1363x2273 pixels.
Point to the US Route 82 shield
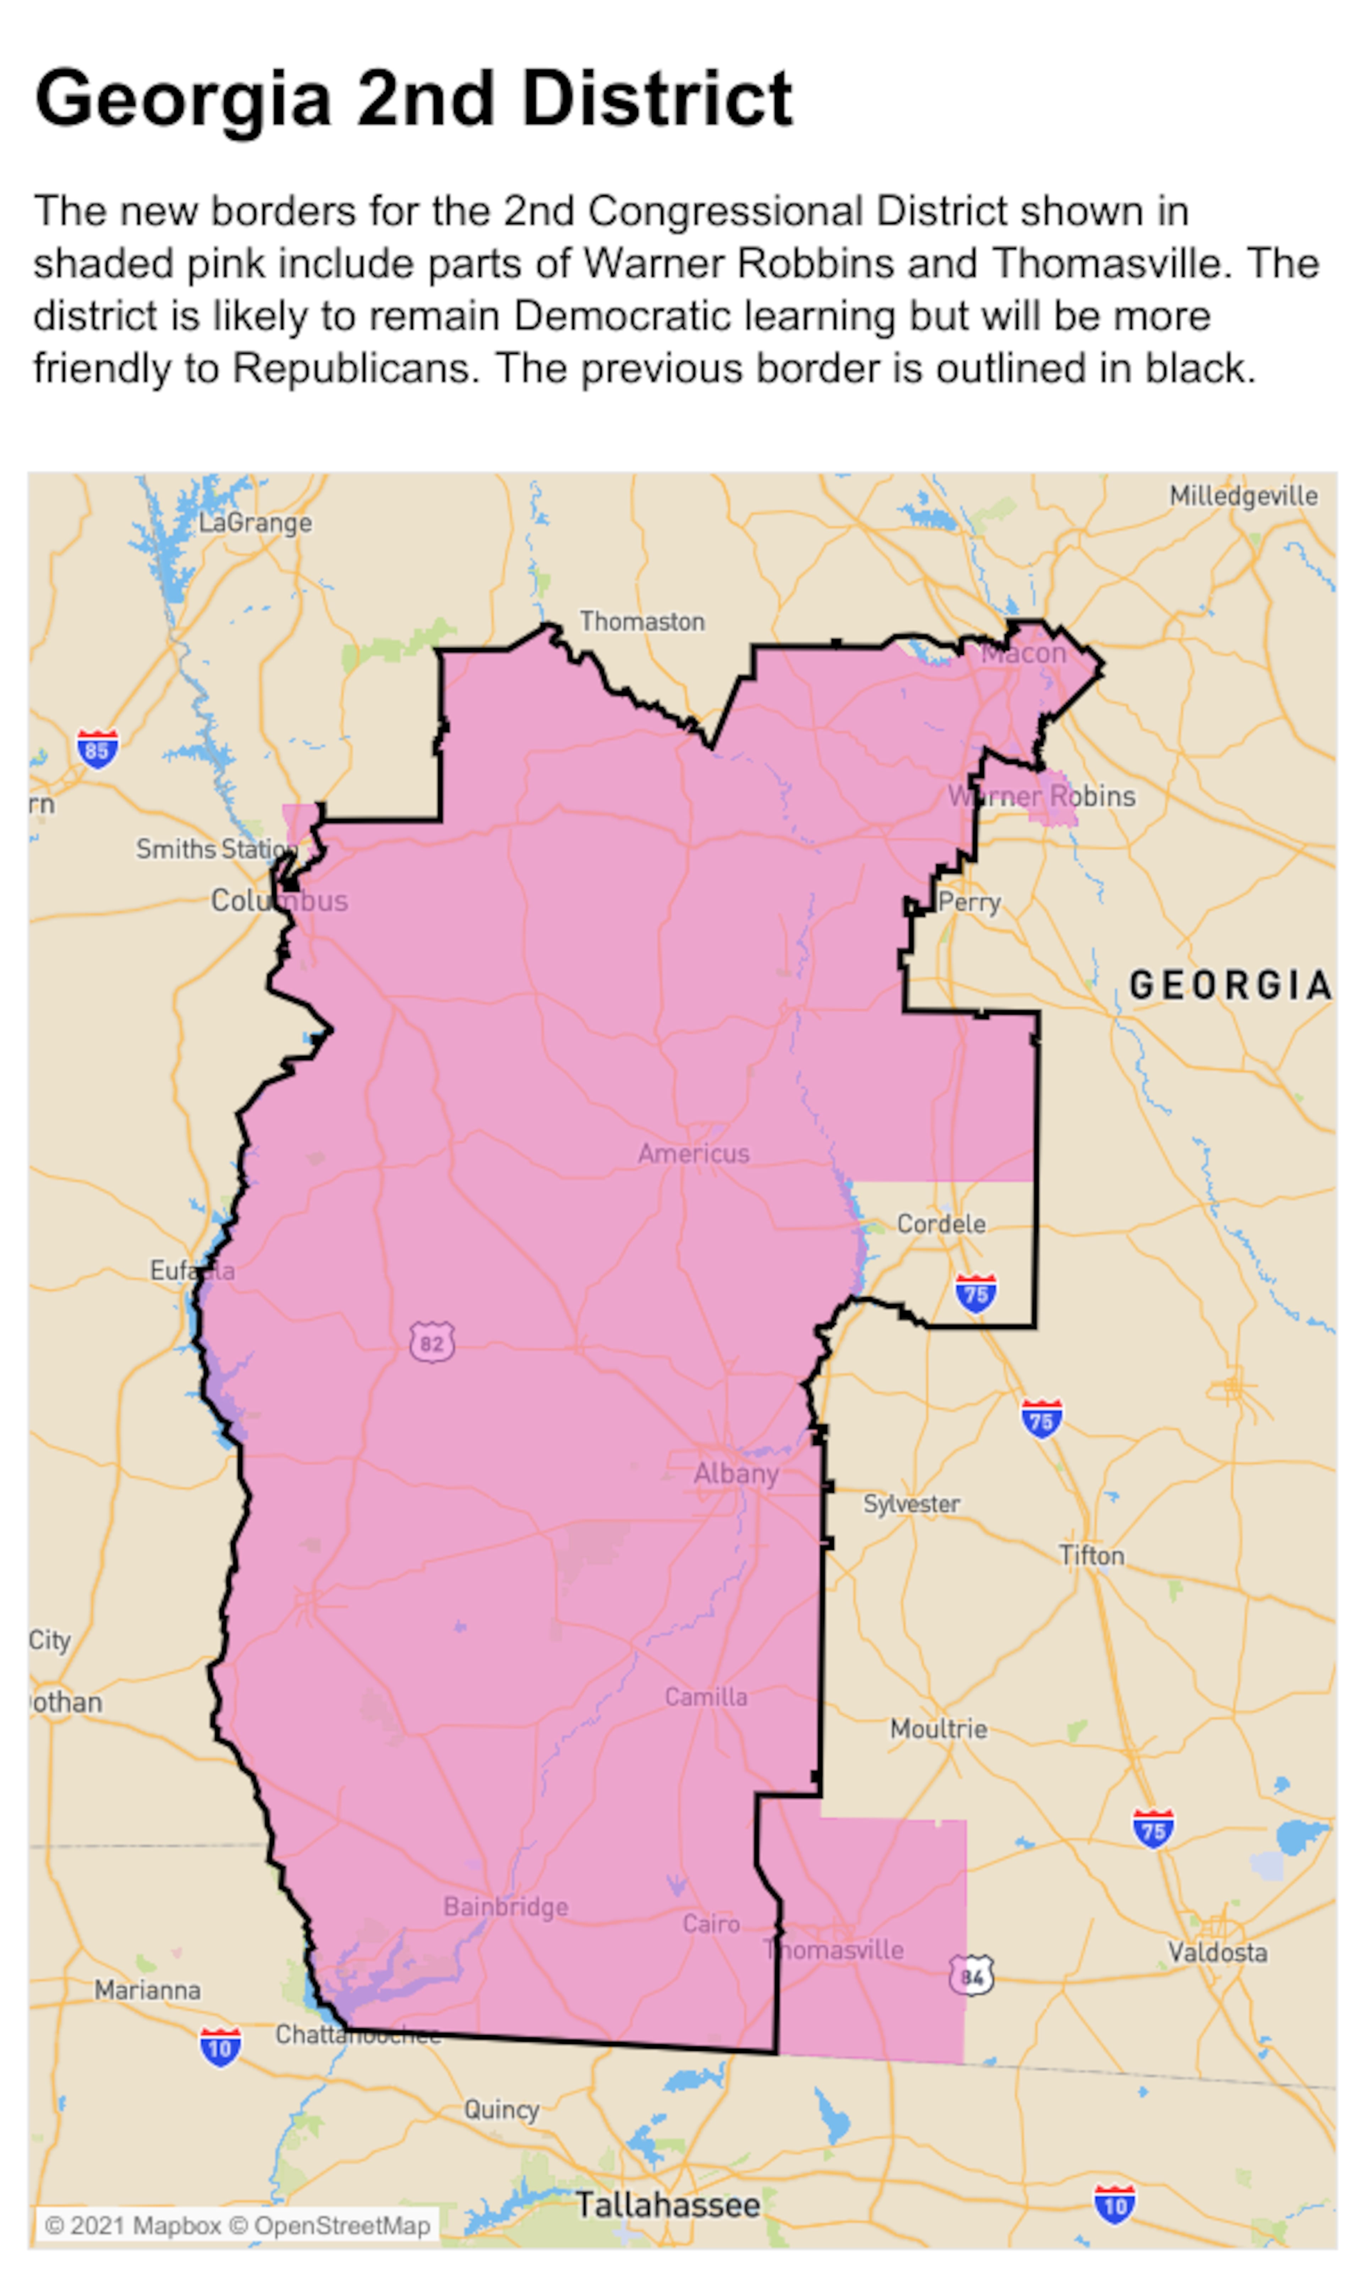pos(432,1343)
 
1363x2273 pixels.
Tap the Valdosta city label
pos(1217,1952)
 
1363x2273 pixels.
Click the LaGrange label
pos(255,524)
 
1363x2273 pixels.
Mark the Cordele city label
pos(941,1223)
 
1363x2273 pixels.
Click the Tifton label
pos(1091,1555)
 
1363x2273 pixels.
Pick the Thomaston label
pos(642,622)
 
